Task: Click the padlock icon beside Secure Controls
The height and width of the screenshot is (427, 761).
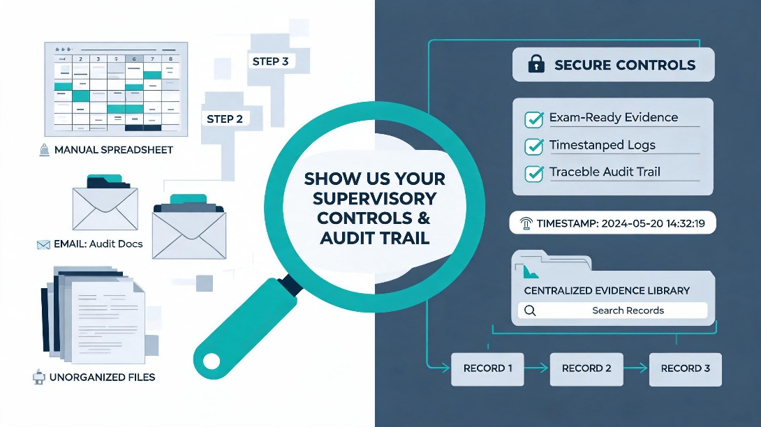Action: click(x=535, y=63)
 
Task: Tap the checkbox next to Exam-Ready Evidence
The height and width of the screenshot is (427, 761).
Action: click(x=534, y=119)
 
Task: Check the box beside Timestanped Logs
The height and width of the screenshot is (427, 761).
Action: click(x=534, y=147)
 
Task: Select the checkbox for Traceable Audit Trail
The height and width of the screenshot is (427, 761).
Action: click(x=534, y=174)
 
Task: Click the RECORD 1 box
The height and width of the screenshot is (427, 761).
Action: click(x=487, y=369)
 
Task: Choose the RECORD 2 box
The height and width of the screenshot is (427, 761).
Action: click(x=586, y=369)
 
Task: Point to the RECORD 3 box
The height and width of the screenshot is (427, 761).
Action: click(x=686, y=369)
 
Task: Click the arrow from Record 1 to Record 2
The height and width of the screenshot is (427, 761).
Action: click(x=537, y=368)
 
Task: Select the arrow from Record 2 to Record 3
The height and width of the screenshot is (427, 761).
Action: click(x=636, y=368)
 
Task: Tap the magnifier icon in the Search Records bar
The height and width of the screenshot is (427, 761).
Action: click(x=530, y=310)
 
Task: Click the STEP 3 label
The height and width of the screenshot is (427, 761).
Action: click(x=270, y=61)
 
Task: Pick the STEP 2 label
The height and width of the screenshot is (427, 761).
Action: click(x=225, y=119)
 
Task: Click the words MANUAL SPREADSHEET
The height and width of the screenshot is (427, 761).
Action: click(x=114, y=150)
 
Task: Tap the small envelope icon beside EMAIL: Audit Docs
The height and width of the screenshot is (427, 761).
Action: click(x=43, y=245)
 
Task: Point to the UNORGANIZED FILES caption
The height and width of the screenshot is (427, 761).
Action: click(x=103, y=377)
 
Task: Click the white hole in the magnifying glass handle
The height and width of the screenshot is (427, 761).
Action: click(x=212, y=361)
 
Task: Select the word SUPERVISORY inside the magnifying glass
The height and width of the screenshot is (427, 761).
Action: click(x=375, y=198)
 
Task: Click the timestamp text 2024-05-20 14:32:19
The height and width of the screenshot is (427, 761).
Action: click(x=653, y=224)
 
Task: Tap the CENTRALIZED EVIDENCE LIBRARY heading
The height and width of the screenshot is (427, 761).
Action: click(x=607, y=291)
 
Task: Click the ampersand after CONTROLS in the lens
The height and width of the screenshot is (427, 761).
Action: click(x=424, y=218)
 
